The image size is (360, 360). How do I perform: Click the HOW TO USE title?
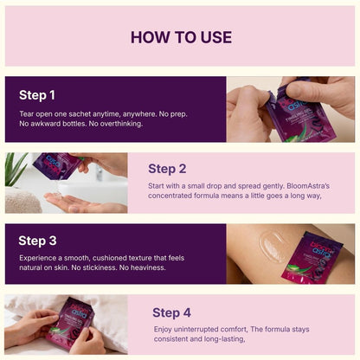pos(180,37)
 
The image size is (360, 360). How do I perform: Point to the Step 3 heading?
pos(37,241)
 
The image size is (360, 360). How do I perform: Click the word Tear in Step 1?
pos(27,113)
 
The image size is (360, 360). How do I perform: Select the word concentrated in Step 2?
pos(175,196)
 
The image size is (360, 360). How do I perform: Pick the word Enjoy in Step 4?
pos(164,331)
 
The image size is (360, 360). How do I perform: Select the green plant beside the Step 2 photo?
pos(16,170)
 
